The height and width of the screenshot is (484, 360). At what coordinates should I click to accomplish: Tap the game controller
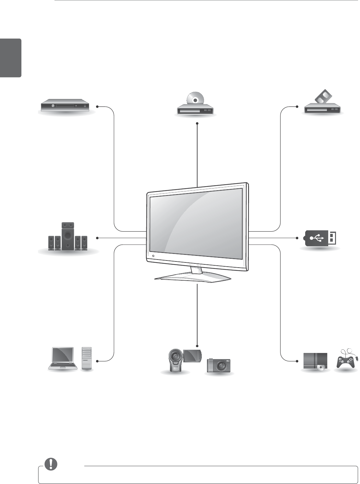point(346,359)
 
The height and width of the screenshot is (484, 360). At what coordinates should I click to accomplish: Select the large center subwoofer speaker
point(67,236)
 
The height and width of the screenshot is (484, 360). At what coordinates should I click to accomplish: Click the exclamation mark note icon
point(50,464)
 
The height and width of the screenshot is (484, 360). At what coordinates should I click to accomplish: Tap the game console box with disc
point(315,361)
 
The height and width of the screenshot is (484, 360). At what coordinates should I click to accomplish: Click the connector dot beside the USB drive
point(297,238)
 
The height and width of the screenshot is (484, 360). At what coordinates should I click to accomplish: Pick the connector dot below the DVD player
point(197,123)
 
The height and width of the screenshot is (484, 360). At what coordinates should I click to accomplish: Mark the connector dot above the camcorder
point(197,345)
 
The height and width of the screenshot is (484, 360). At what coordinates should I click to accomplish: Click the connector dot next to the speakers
point(97,238)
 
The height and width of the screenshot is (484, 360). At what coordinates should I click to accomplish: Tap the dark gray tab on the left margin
point(11,58)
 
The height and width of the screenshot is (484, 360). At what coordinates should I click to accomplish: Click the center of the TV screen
point(196,224)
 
